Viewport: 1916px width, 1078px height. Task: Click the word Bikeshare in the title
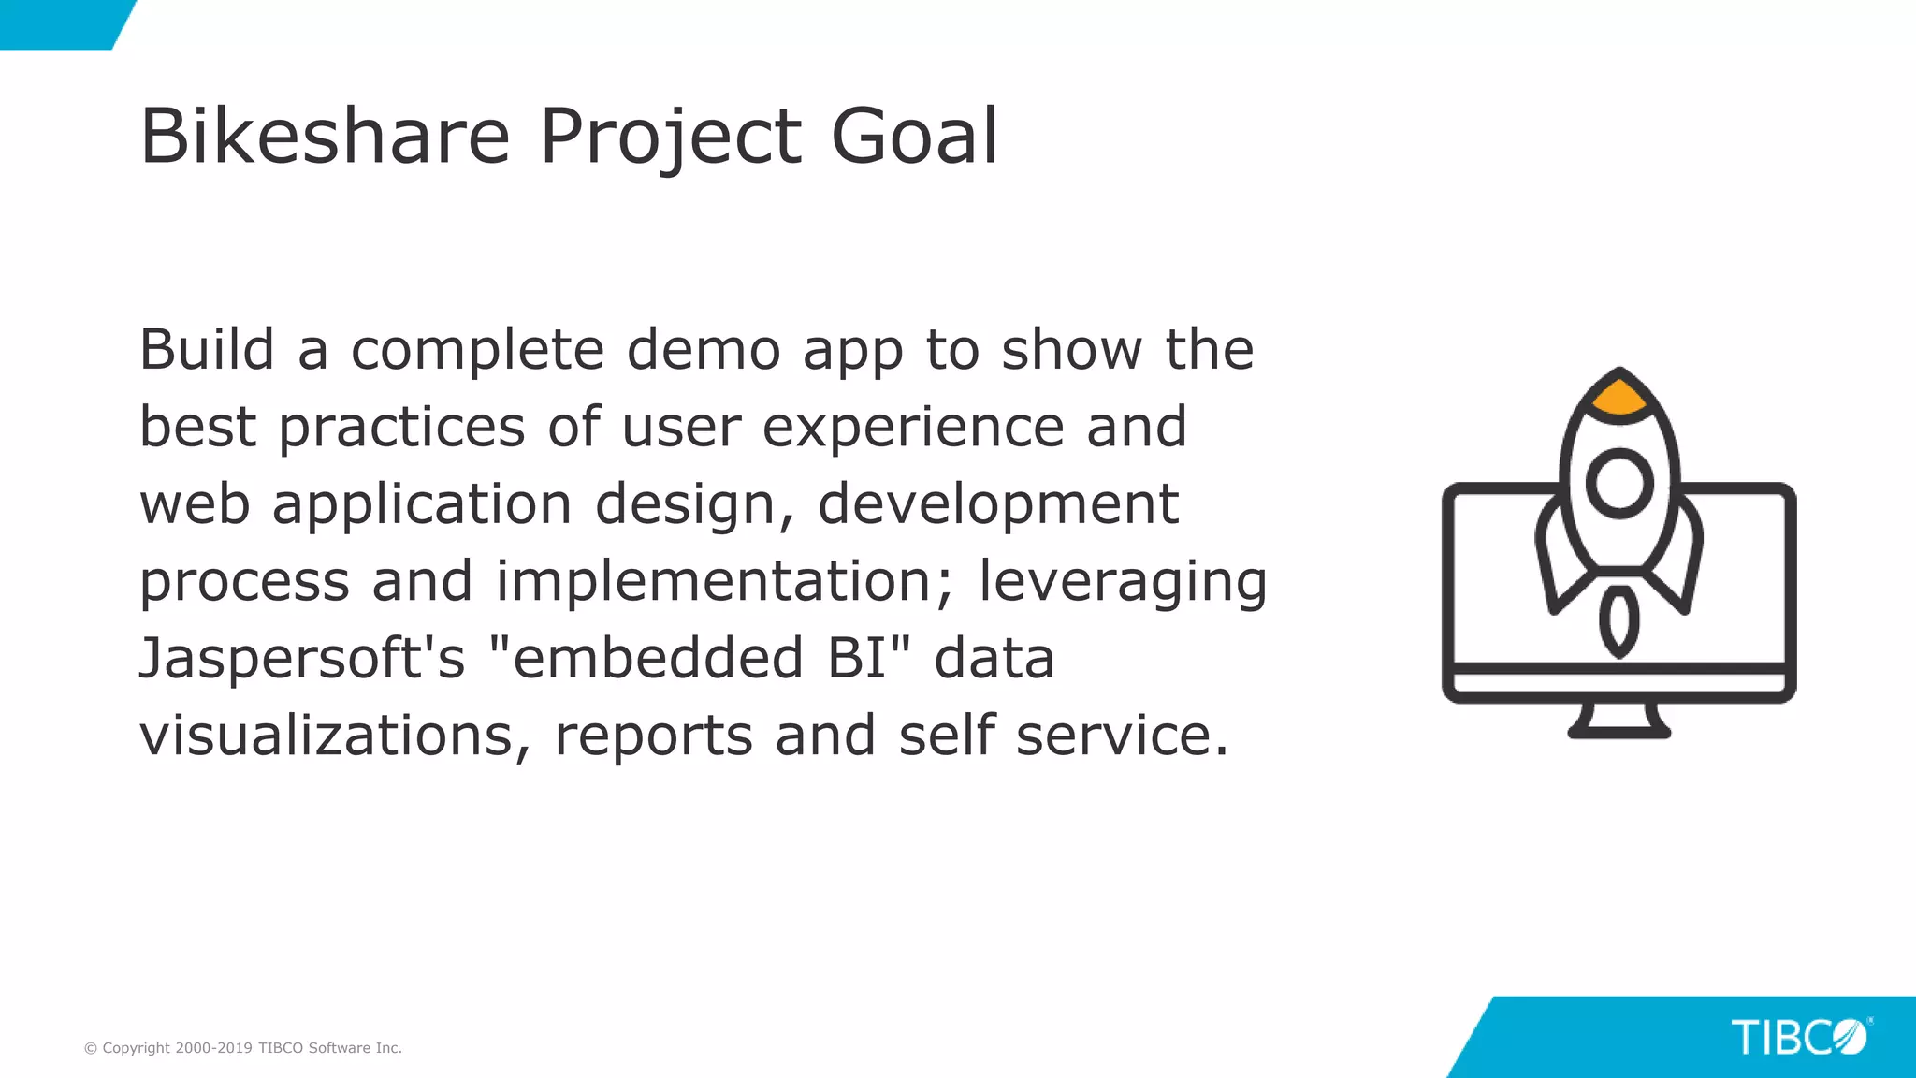(x=325, y=137)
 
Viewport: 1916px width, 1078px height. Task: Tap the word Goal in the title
(x=914, y=137)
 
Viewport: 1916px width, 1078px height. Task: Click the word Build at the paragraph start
(x=207, y=350)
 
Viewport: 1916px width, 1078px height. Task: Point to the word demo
(x=703, y=350)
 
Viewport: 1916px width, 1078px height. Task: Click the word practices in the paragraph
(x=401, y=429)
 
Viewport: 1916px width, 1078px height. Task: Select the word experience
(x=913, y=429)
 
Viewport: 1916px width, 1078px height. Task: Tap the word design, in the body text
(x=694, y=505)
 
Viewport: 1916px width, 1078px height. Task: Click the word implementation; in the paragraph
(x=725, y=582)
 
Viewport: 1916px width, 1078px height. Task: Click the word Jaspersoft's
(x=301, y=659)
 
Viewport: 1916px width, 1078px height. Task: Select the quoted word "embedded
(x=646, y=658)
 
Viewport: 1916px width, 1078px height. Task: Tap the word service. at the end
(x=1122, y=736)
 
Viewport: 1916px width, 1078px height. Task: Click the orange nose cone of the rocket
(x=1619, y=398)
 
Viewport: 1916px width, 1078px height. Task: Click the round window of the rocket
(x=1619, y=483)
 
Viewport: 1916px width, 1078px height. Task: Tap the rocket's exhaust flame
(x=1618, y=621)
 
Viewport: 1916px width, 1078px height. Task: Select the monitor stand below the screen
(x=1619, y=721)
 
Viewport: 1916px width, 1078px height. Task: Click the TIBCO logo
(x=1799, y=1037)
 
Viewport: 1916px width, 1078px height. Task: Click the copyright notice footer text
(x=243, y=1048)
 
